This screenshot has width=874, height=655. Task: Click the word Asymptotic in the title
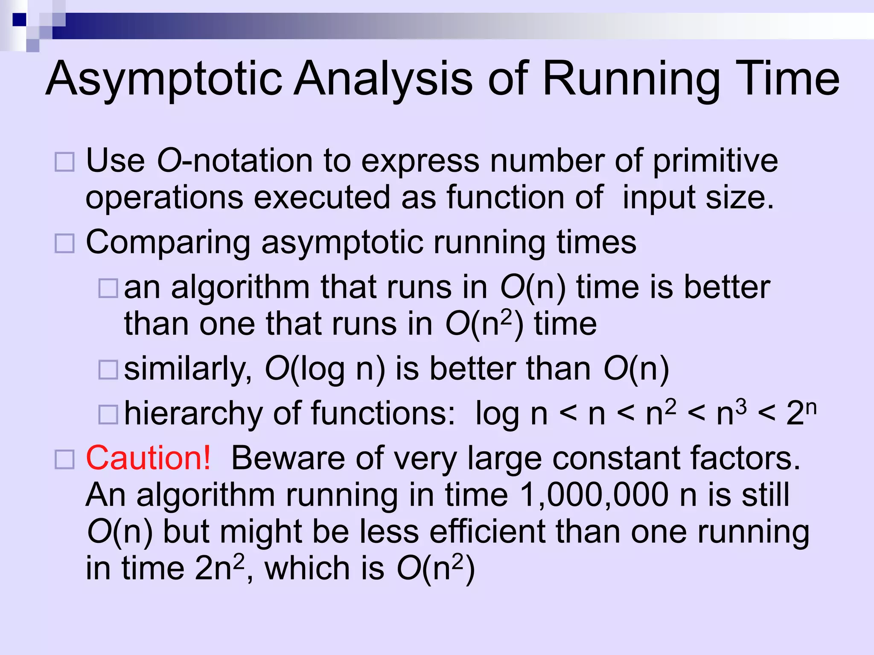164,79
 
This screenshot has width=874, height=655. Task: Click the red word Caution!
148,458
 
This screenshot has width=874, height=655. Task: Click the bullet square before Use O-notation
64,162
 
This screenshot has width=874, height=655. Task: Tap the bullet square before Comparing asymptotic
64,243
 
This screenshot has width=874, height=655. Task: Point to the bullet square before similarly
108,369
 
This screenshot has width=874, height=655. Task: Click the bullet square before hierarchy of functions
108,414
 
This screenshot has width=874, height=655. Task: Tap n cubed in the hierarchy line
731,412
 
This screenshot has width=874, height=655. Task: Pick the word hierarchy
193,414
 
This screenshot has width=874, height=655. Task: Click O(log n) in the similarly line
325,369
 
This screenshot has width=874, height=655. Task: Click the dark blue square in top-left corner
20,20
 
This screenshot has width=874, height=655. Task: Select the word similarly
188,369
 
